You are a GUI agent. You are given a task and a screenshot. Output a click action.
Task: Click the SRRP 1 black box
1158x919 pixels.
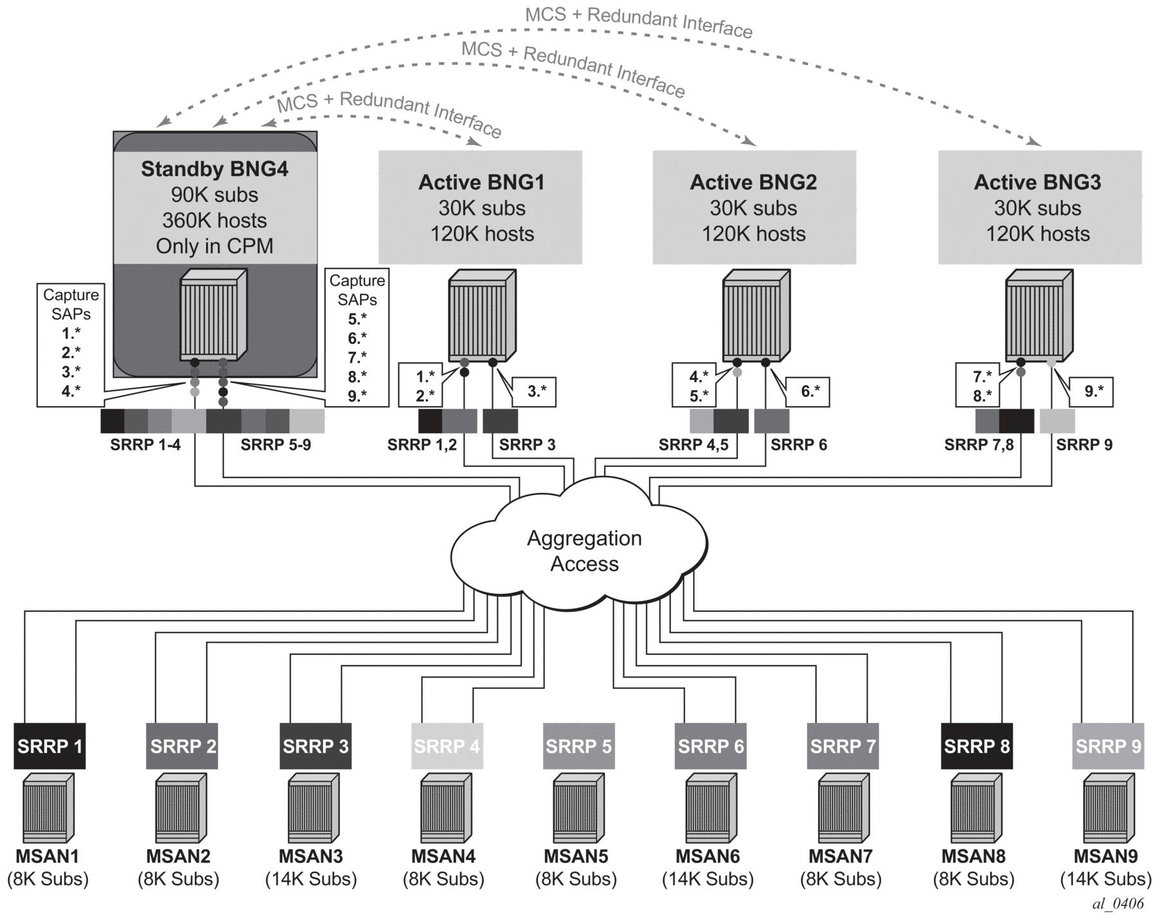pyautogui.click(x=49, y=745)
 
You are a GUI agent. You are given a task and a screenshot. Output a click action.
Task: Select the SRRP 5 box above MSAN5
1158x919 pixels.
pyautogui.click(x=578, y=745)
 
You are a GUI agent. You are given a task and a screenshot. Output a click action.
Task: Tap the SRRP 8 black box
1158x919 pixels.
pyautogui.click(x=976, y=745)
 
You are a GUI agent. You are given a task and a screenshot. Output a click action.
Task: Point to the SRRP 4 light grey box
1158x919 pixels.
pyautogui.click(x=447, y=745)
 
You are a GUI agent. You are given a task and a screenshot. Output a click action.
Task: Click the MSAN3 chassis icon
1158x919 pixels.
pyautogui.click(x=314, y=808)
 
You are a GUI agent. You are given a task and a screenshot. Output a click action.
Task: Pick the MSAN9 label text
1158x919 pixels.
pyautogui.click(x=1105, y=856)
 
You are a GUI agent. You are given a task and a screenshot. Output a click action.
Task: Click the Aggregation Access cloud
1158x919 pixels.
pyautogui.click(x=583, y=551)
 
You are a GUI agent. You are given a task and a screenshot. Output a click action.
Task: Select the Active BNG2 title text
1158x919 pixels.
pyautogui.click(x=753, y=183)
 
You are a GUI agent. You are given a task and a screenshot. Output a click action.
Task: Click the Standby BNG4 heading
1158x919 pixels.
pyautogui.click(x=215, y=169)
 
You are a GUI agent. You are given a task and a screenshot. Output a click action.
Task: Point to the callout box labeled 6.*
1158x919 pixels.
pyautogui.click(x=808, y=391)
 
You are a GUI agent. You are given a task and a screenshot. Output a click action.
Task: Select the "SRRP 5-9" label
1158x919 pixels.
pyautogui.click(x=276, y=445)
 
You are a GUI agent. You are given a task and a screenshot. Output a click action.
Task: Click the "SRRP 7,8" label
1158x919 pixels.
pyautogui.click(x=978, y=445)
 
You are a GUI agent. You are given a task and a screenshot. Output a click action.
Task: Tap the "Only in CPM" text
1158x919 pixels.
pyautogui.click(x=215, y=246)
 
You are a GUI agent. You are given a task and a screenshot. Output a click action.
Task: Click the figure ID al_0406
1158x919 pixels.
pyautogui.click(x=1118, y=903)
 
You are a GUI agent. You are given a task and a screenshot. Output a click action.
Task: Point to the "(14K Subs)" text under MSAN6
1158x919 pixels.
pyautogui.click(x=708, y=879)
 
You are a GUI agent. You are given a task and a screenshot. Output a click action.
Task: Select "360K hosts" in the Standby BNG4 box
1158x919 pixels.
pyautogui.click(x=215, y=220)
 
